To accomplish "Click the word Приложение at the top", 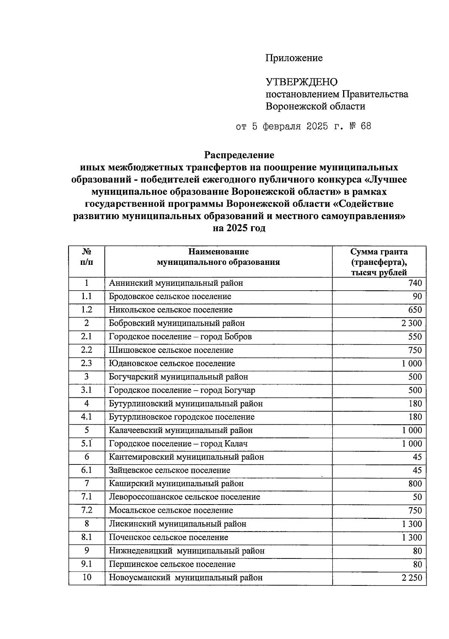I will [x=294, y=58].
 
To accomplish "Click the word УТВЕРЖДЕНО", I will [x=301, y=82].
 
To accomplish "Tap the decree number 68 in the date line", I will [x=366, y=126].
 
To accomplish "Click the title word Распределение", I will [x=239, y=155].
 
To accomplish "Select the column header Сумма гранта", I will [x=379, y=252].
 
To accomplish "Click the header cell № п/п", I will [x=86, y=257].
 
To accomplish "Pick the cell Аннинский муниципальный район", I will [x=176, y=283].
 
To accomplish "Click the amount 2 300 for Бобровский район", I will [x=412, y=323].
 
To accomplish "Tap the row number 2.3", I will [x=86, y=363].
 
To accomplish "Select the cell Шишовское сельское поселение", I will [x=171, y=350].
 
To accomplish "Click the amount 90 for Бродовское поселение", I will [x=417, y=297].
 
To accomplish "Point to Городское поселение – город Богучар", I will [x=182, y=390].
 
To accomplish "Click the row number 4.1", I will [x=86, y=417].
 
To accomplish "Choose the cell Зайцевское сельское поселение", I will [x=169, y=470].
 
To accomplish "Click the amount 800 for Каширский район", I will [x=415, y=484].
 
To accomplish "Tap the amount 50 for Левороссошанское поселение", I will [x=417, y=497].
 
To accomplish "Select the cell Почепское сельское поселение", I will [x=168, y=537].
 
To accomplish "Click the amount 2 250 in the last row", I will [x=412, y=578].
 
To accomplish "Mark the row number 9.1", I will [x=86, y=564].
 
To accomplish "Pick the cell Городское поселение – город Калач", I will [x=178, y=444].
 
